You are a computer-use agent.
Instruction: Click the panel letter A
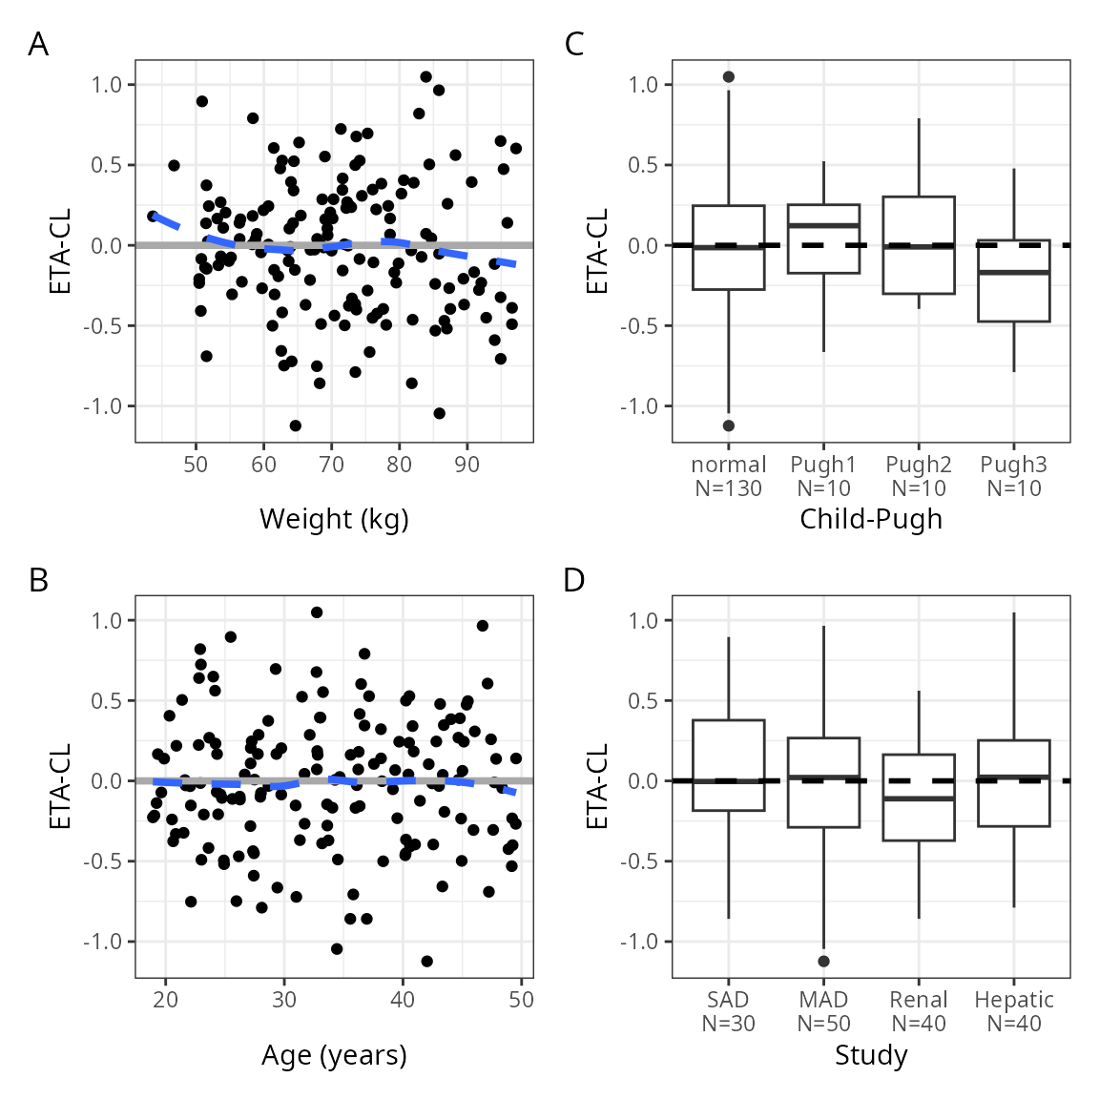pos(38,44)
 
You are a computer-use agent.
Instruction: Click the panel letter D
pos(574,580)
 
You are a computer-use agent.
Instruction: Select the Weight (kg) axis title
pos(334,519)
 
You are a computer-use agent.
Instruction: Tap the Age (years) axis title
pos(334,1055)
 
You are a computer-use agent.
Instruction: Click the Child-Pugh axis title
pos(870,519)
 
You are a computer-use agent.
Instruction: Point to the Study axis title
pos(870,1055)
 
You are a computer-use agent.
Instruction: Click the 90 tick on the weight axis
pos(467,465)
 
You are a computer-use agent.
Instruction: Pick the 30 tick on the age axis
pos(284,1000)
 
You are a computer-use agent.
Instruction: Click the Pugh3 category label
pos(1013,465)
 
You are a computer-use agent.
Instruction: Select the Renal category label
pos(918,1000)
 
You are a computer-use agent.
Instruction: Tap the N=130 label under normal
pos(729,488)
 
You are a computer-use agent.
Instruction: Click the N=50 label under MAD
pos(823,1024)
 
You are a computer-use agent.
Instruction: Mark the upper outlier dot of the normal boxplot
pos(729,77)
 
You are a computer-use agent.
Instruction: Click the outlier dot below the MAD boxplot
pos(823,961)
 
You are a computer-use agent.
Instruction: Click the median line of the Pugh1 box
pos(823,225)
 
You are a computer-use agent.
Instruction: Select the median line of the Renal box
pos(918,798)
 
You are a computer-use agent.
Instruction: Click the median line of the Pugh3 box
pos(1013,273)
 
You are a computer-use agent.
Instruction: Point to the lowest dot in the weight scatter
pos(296,425)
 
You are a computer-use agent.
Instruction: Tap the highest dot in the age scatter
pos(317,612)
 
